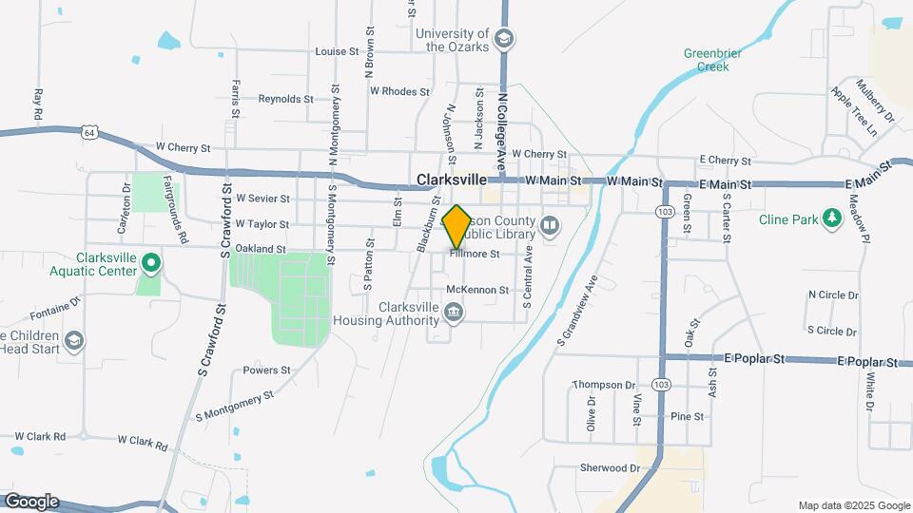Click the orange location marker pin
pos(456,227)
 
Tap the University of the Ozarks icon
pos(504,39)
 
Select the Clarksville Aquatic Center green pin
pos(150,262)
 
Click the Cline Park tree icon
pos(833,219)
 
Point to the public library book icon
pos(550,226)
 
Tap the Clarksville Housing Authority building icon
pos(455,313)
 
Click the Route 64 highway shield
pos(89,132)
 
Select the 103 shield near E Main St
pos(663,211)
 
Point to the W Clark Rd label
pos(143,443)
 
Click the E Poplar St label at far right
pos(867,362)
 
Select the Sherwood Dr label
pos(611,467)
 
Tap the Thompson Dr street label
pos(604,385)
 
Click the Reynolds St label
pos(285,98)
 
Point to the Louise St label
pos(337,51)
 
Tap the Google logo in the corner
pos(30,502)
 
